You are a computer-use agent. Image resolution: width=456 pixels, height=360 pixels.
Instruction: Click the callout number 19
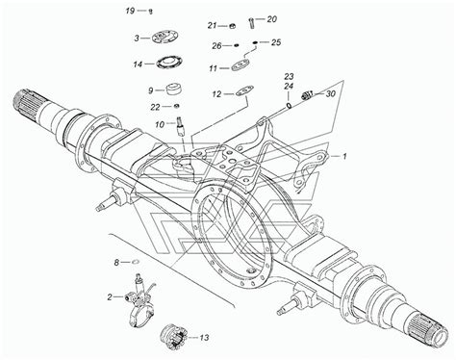[130, 11]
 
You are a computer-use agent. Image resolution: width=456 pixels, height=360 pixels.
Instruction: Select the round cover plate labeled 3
[165, 37]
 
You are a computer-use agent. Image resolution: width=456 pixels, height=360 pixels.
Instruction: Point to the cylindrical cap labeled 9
[174, 89]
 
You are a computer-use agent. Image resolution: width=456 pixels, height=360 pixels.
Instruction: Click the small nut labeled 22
[176, 106]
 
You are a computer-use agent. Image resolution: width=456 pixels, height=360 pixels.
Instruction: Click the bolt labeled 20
[251, 22]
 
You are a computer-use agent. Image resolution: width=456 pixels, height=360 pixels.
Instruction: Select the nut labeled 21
[233, 26]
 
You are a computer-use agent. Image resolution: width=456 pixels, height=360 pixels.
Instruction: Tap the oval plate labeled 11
[241, 65]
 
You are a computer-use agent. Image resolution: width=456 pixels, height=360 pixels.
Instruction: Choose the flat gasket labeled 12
[245, 90]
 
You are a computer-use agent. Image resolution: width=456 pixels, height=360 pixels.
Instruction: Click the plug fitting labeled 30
[308, 95]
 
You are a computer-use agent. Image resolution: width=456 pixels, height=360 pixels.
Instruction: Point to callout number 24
[289, 87]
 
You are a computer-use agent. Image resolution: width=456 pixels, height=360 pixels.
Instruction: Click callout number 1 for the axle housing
[344, 157]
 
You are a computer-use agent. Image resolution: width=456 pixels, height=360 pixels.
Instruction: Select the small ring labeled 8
[136, 262]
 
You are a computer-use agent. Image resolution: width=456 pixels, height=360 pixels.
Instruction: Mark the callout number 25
[276, 42]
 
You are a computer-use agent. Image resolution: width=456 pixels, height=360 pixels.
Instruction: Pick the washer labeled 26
[237, 45]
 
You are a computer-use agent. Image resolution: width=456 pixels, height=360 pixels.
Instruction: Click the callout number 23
[289, 76]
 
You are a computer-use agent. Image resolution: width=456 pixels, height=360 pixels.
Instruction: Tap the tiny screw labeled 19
[150, 12]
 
